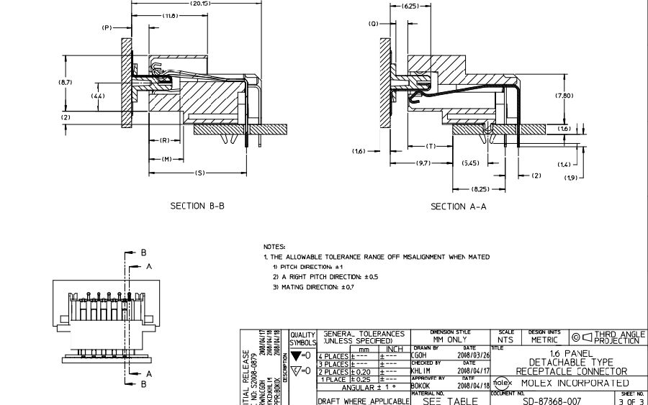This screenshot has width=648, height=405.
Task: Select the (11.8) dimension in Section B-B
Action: click(170, 16)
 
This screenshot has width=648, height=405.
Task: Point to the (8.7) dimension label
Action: click(66, 83)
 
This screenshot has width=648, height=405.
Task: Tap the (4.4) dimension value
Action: click(98, 96)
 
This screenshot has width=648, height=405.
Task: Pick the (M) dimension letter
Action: click(166, 159)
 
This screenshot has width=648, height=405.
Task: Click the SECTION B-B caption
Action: click(197, 206)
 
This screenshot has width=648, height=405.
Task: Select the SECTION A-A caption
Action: click(459, 207)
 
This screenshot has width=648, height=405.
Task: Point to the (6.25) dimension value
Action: click(410, 6)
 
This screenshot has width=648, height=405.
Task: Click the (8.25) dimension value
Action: click(480, 188)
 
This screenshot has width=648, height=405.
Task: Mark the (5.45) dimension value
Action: click(472, 163)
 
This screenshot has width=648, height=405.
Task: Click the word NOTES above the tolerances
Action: click(274, 246)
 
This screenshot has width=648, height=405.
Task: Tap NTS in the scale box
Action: click(506, 340)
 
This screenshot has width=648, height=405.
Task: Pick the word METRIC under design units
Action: click(544, 340)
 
